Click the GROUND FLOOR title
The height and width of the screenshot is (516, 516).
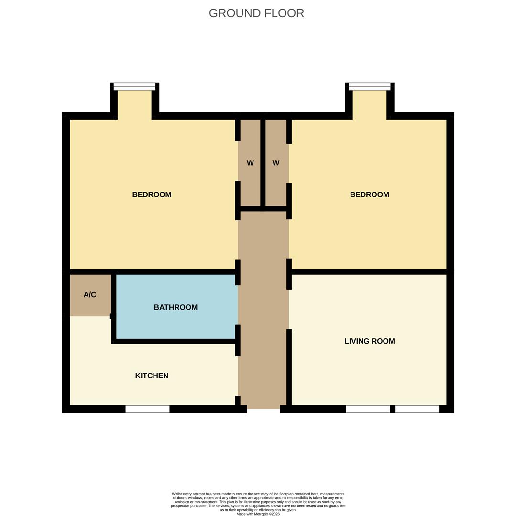pos(256,13)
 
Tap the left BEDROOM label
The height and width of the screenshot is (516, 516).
pos(152,194)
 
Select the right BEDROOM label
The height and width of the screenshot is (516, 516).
pos(369,194)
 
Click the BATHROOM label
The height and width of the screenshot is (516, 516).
pos(176,307)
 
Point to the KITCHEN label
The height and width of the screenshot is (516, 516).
pos(152,376)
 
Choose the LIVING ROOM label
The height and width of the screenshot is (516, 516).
pos(369,341)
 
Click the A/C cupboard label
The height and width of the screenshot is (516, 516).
pos(90,295)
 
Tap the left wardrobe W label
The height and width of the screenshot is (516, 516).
pos(250,163)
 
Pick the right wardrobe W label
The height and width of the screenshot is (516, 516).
pos(276,163)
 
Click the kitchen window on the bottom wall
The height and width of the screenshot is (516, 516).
pos(147,409)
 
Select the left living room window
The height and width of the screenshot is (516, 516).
pos(368,409)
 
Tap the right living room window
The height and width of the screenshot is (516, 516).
pos(417,409)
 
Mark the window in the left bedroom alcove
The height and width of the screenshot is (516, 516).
pos(134,86)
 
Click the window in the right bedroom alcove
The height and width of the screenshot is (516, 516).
pos(369,86)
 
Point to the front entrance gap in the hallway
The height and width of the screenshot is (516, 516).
pos(263,409)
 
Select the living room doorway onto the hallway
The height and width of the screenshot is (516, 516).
pos(289,309)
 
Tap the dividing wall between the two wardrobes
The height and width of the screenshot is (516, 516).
pos(263,162)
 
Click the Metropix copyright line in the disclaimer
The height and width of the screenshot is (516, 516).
pos(258,514)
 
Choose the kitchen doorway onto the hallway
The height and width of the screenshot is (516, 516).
pos(238,376)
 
